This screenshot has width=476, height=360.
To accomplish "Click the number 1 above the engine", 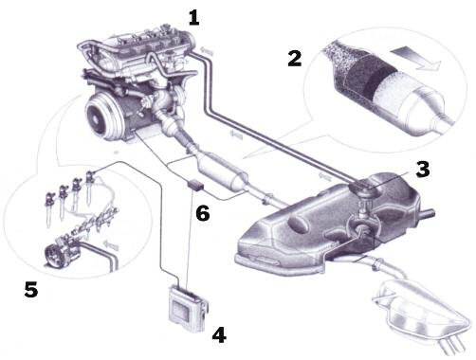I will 194,16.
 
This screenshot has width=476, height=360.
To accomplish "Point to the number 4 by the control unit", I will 219,333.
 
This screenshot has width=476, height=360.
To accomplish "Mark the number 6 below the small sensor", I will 203,214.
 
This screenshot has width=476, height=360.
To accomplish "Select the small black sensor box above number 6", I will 196,186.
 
